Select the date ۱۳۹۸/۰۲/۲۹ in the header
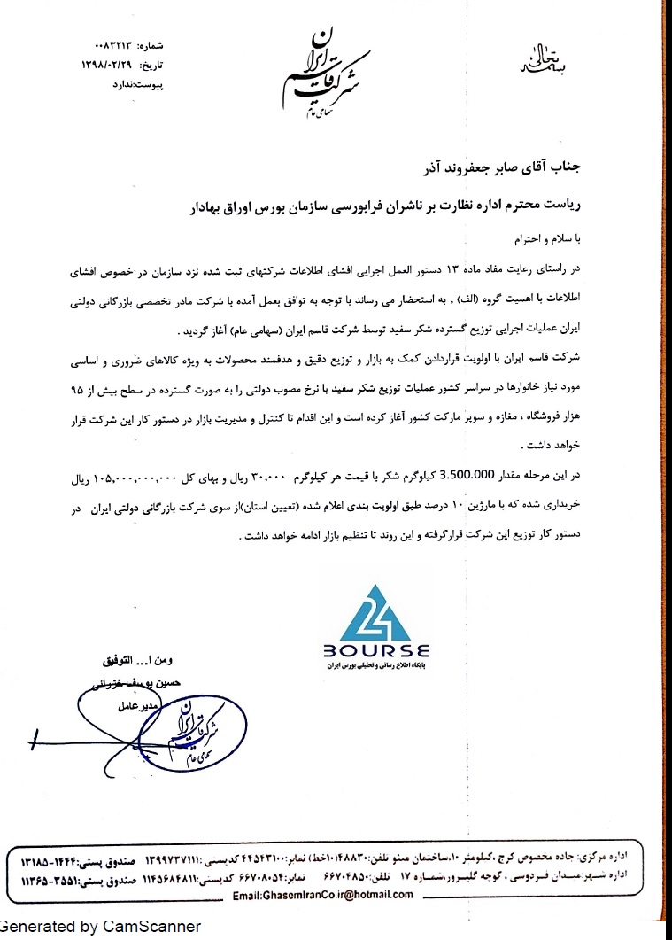pos(104,65)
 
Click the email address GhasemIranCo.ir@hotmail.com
pos(322,895)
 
